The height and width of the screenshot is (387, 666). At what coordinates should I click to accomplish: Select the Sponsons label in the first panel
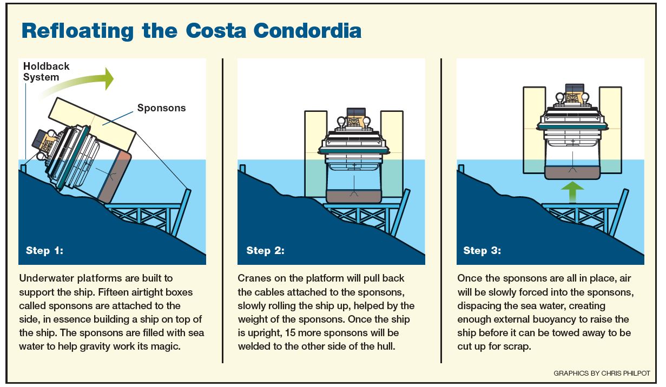click(x=161, y=108)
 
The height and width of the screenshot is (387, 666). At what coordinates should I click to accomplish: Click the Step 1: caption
click(x=44, y=251)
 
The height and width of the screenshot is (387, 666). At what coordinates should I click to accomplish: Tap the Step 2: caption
click(x=265, y=251)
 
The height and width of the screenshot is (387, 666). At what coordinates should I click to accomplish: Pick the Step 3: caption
click(x=482, y=251)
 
